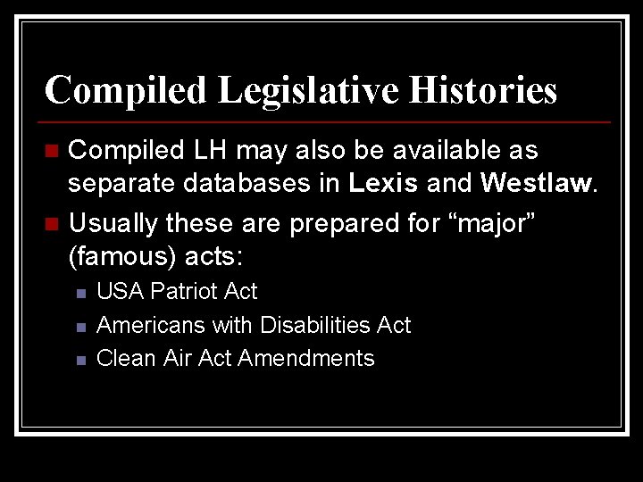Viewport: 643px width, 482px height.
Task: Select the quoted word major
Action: tap(496, 223)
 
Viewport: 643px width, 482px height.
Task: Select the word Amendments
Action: tap(306, 358)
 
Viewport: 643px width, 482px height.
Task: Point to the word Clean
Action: tap(127, 358)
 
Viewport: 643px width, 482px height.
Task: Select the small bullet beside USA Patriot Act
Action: tap(80, 293)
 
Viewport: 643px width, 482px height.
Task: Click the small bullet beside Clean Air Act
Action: tap(80, 360)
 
